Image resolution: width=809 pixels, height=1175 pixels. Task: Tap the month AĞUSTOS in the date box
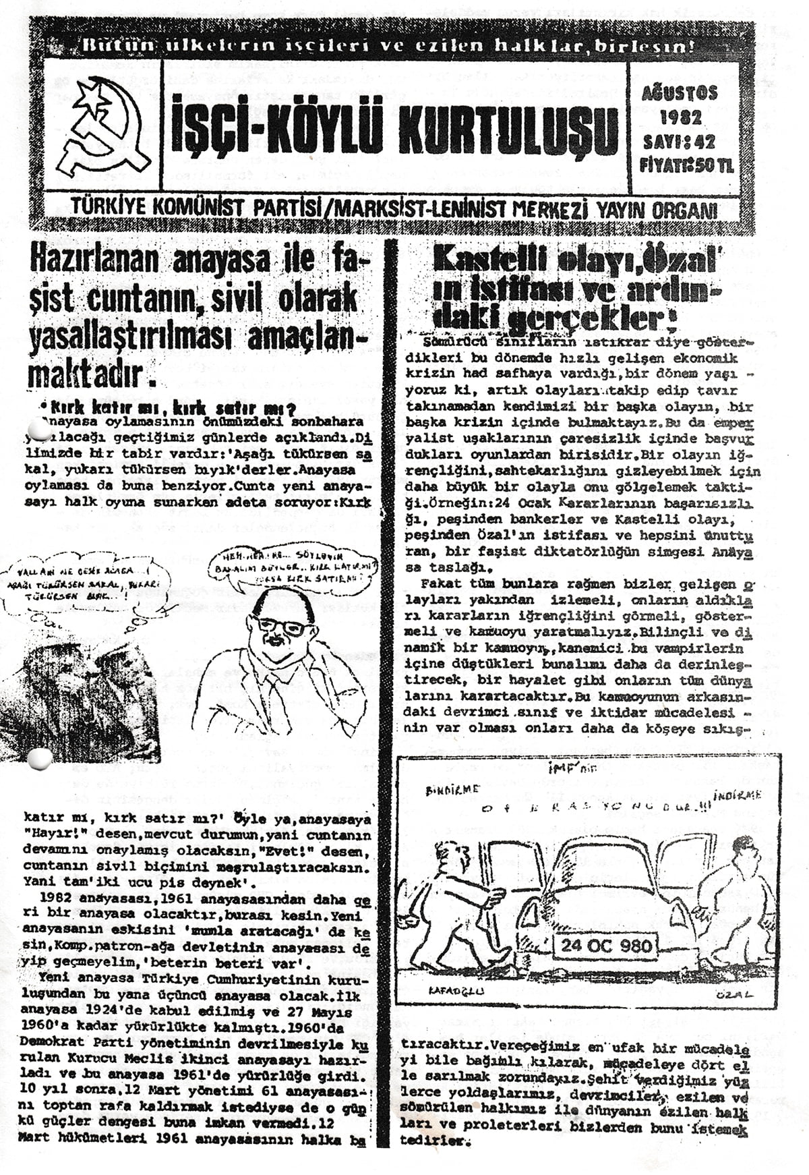click(680, 93)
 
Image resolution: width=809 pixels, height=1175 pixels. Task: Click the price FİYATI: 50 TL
click(686, 165)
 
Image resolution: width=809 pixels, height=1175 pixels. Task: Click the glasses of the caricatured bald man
click(284, 627)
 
